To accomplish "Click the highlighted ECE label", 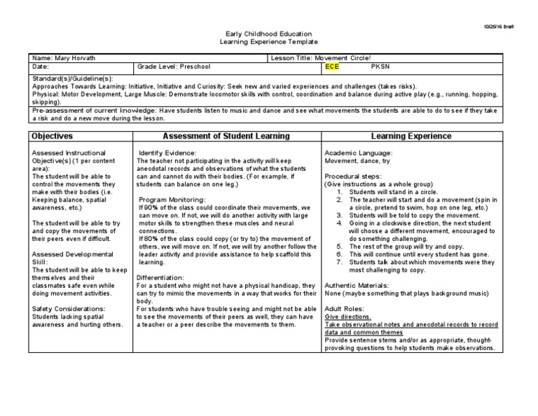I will tap(331, 67).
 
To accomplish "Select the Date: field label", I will tap(40, 67).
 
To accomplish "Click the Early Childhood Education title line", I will tap(268, 34).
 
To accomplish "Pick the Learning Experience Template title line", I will tap(268, 42).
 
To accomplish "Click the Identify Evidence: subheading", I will tap(167, 153).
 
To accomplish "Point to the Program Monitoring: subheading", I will tap(172, 200).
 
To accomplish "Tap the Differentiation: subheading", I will tap(163, 277).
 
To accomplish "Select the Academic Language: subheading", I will tap(358, 153).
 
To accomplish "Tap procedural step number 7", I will tap(338, 262).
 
